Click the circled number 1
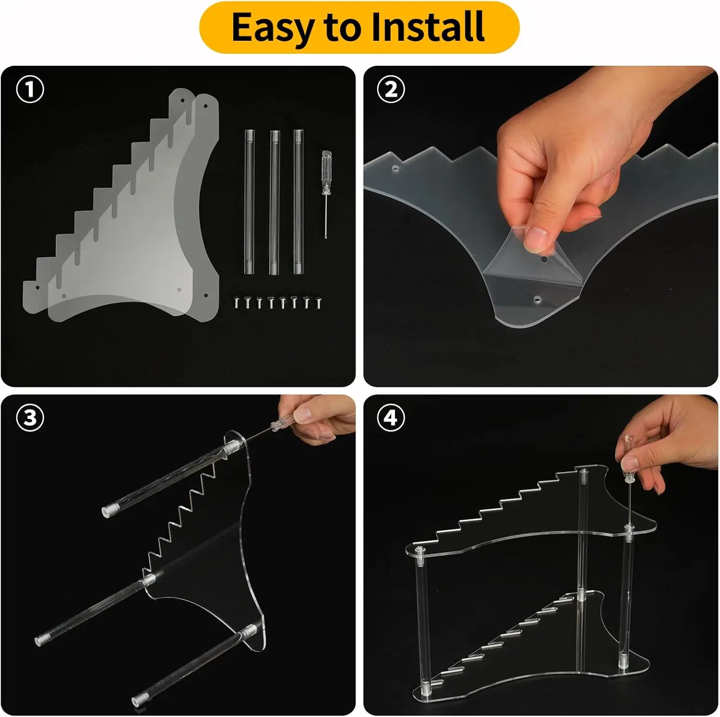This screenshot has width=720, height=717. coord(30,89)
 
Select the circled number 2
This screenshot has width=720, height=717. coord(391,89)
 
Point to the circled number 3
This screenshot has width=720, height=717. coord(30,418)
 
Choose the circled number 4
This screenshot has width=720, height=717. coord(391,418)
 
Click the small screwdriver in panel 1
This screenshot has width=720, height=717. coord(327,195)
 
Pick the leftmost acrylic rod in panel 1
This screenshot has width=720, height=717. coord(249,202)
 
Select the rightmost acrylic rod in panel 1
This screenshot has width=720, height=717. coord(299,202)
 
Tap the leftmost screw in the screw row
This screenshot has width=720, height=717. coord(237,303)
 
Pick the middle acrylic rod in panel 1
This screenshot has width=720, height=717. coord(274,202)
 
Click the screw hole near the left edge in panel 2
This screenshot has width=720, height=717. coord(395,169)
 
